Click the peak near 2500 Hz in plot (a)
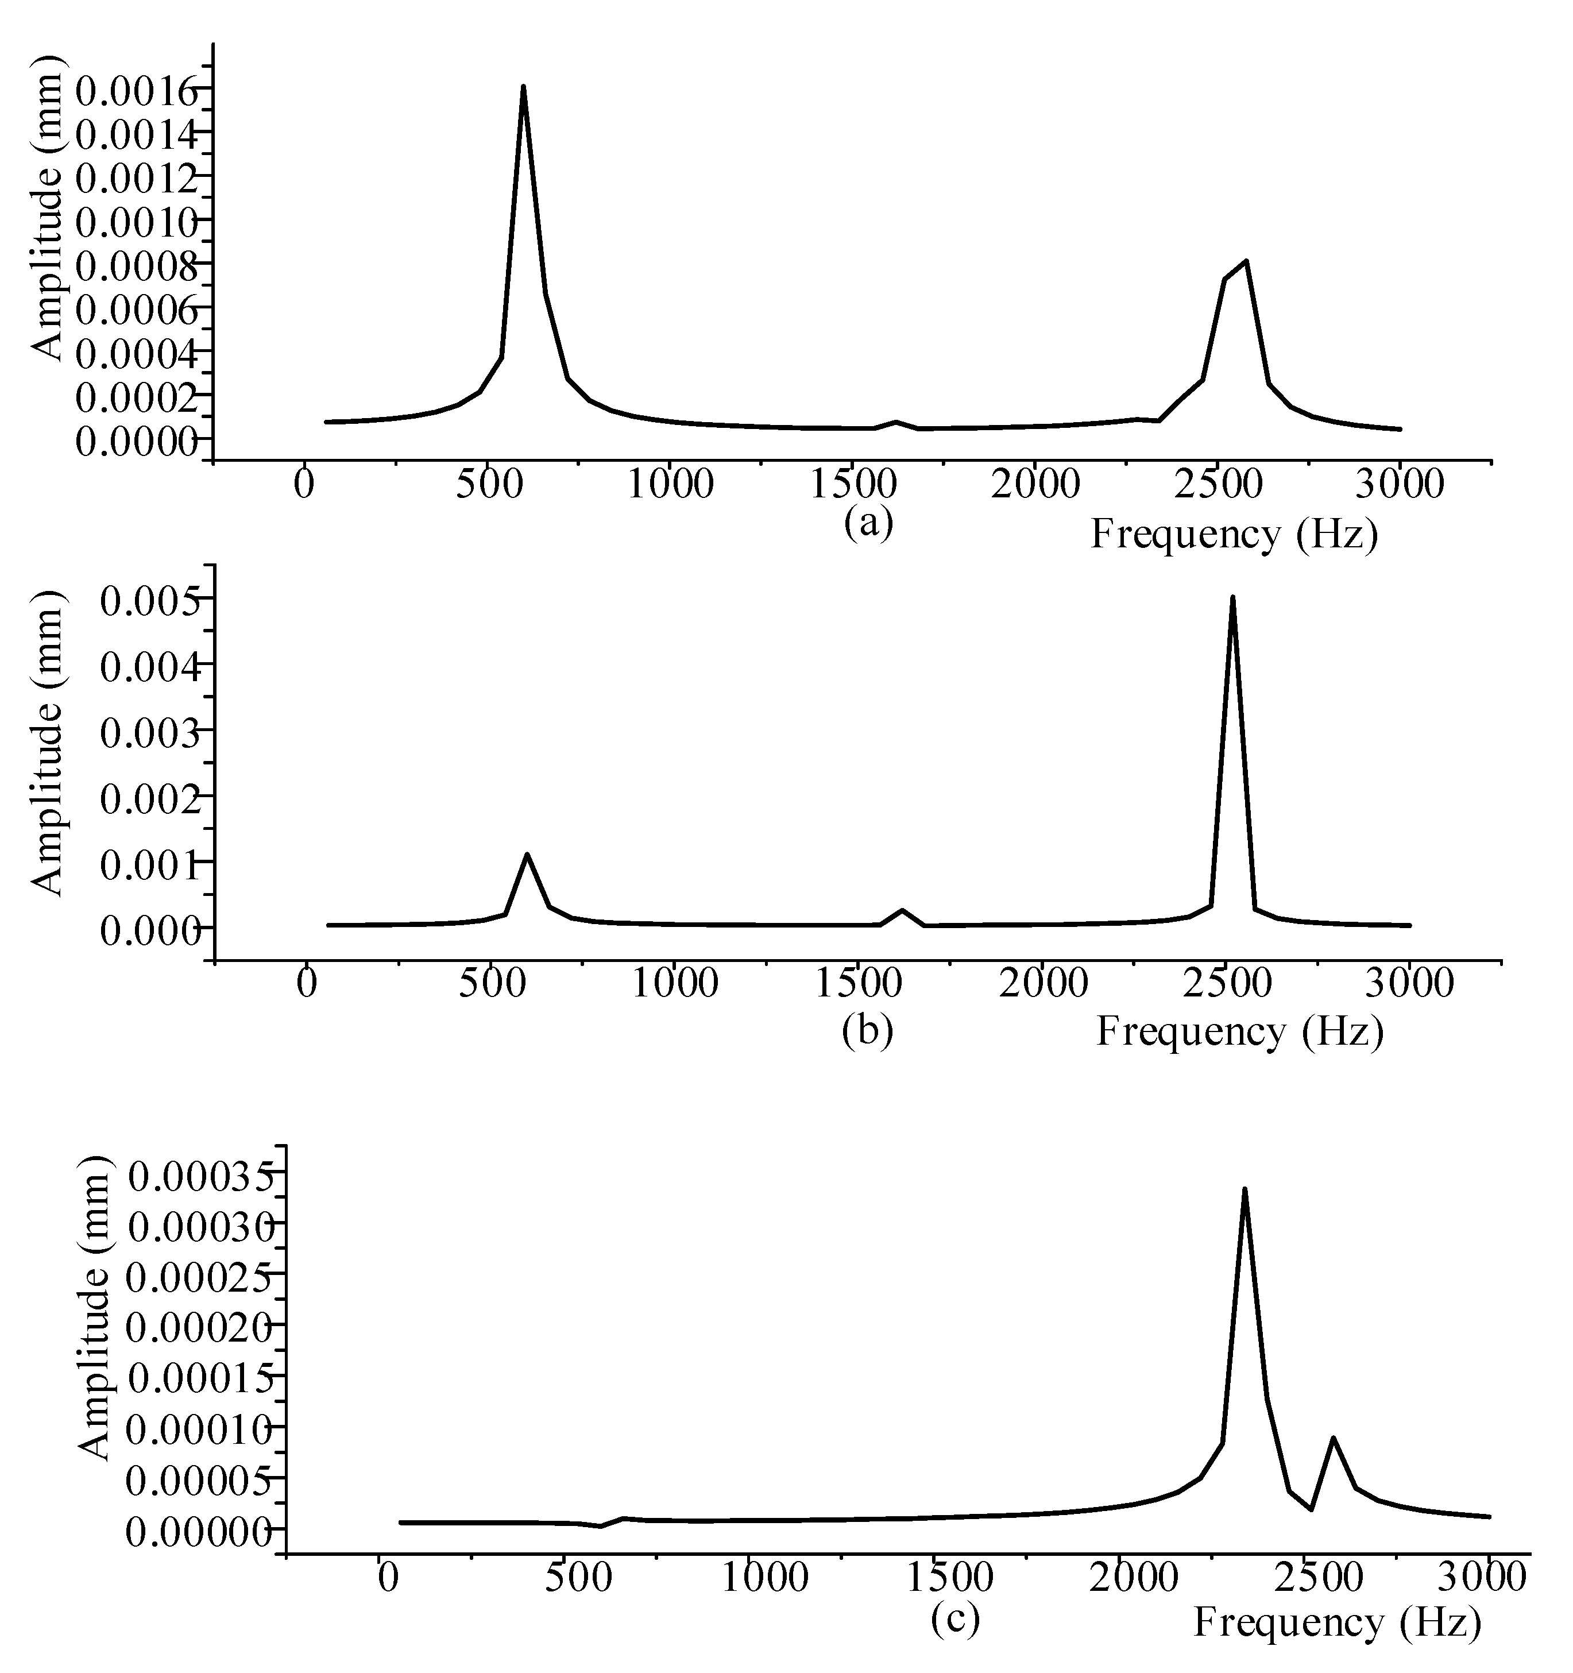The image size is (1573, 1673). click(1246, 262)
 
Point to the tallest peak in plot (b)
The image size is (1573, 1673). click(1232, 598)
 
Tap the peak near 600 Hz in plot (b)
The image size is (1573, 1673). click(527, 855)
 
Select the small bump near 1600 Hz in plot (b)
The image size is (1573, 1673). click(902, 910)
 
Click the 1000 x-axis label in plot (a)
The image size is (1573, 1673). click(671, 485)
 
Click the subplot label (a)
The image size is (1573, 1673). click(868, 523)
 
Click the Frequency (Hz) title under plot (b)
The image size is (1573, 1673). click(1240, 1031)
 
